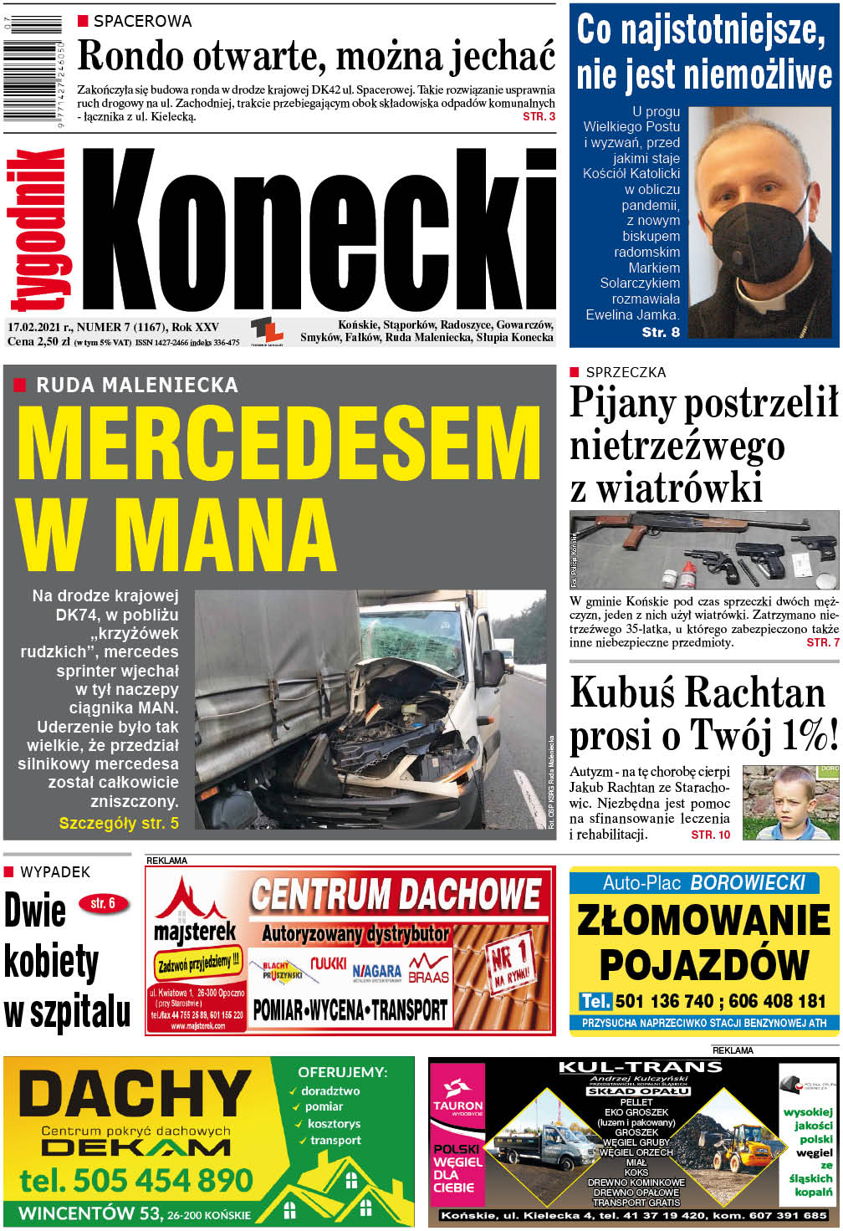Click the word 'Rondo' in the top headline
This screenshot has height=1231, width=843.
click(130, 57)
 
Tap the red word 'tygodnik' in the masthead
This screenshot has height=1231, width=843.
click(38, 230)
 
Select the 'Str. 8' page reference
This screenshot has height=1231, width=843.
click(661, 332)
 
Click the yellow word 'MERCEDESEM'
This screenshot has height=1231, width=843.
click(278, 444)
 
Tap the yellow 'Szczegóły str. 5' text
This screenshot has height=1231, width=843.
click(119, 823)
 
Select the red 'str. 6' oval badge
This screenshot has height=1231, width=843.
click(103, 903)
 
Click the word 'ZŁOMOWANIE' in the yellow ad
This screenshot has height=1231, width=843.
click(703, 921)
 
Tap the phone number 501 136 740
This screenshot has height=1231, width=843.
click(663, 1000)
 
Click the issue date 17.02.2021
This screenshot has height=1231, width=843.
click(39, 327)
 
